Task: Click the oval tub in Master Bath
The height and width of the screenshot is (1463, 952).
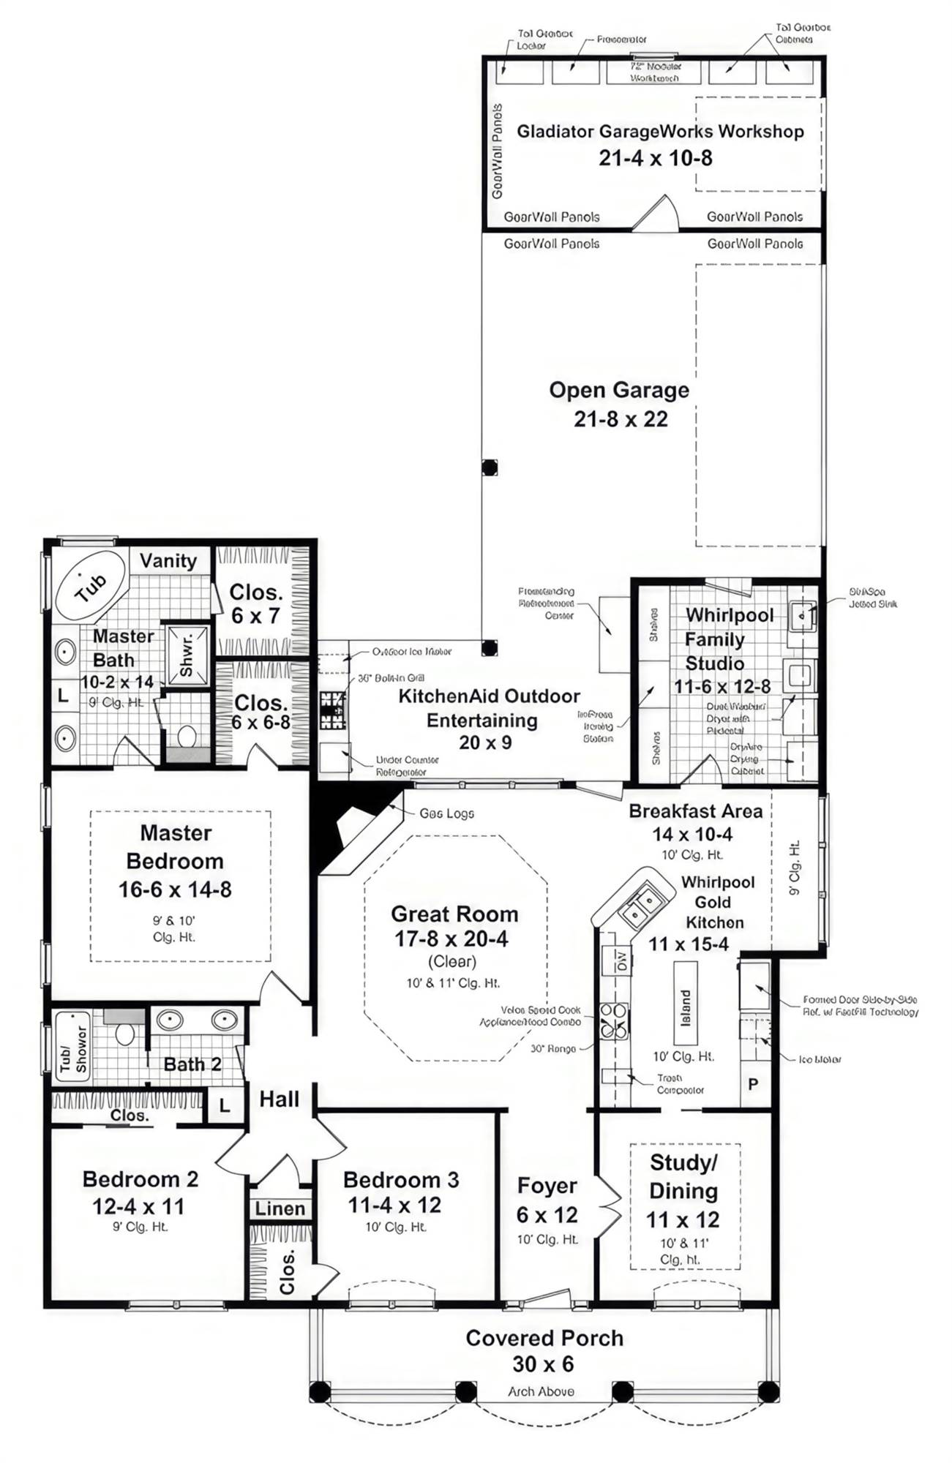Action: point(91,586)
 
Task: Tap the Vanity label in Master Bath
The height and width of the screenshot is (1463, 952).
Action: point(168,561)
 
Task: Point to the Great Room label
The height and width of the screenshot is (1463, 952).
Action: point(454,914)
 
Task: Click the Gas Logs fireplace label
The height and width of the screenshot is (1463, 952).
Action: point(446,813)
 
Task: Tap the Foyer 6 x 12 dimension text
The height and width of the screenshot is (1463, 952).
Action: point(547,1215)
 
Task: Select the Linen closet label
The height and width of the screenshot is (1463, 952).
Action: point(280,1209)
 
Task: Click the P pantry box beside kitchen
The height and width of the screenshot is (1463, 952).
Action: point(753,1084)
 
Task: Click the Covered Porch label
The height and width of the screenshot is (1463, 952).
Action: point(544,1338)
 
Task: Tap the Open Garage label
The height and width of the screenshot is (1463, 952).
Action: point(619,390)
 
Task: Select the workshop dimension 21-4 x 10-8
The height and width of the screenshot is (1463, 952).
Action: point(655,158)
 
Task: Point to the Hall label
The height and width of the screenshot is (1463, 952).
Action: point(279,1099)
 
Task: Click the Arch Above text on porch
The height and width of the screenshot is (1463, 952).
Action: point(541,1391)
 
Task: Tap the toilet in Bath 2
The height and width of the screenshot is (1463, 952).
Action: point(125,1033)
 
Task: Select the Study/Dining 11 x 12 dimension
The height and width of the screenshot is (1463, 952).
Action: point(682,1219)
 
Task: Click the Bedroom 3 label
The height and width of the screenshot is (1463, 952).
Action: point(401,1180)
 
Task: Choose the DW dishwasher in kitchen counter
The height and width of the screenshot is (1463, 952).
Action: point(621,960)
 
